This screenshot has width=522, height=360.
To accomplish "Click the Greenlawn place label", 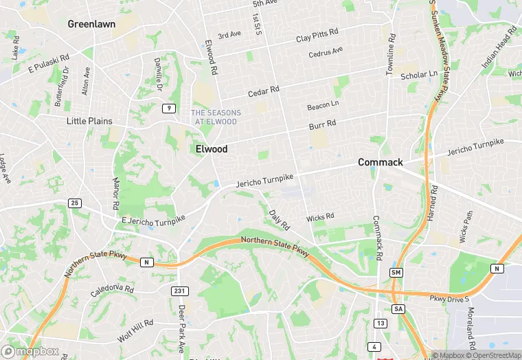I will (x=91, y=24).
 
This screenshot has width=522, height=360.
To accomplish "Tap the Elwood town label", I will (x=212, y=148).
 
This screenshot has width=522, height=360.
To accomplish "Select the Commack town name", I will (x=381, y=162).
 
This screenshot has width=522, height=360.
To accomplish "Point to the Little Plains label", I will (x=89, y=121).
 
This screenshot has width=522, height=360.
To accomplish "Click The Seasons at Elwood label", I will (x=216, y=117).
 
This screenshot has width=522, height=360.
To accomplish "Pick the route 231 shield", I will (x=179, y=291).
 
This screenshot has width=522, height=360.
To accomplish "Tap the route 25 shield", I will (x=74, y=203).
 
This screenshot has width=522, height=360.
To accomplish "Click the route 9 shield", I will (x=168, y=109).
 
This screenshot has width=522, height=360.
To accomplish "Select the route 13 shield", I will (x=381, y=323).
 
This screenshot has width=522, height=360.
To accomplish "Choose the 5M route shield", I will (x=396, y=273).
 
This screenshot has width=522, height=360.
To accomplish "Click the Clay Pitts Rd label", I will (x=317, y=35).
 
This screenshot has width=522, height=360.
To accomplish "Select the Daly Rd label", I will (x=280, y=220).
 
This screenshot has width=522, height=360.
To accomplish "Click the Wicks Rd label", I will (x=320, y=217).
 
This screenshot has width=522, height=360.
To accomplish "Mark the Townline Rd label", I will (x=390, y=54).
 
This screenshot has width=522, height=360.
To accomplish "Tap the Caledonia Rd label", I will (x=111, y=290).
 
